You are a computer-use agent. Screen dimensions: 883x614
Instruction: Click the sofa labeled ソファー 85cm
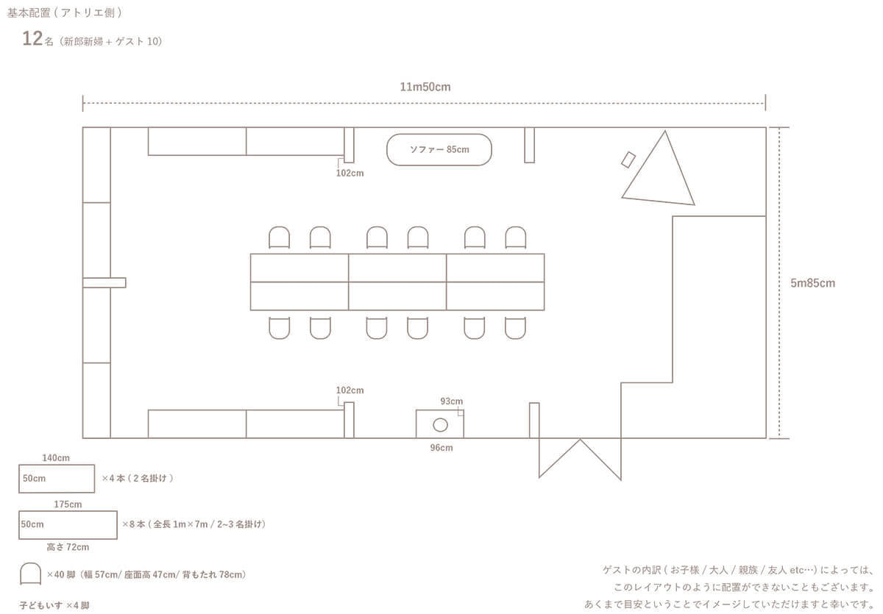pyautogui.click(x=439, y=149)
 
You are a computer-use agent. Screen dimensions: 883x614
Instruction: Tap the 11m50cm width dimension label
pyautogui.click(x=425, y=87)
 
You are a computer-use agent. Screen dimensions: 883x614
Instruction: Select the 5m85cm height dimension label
pyautogui.click(x=812, y=282)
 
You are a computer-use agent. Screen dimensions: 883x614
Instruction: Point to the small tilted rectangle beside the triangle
pyautogui.click(x=628, y=159)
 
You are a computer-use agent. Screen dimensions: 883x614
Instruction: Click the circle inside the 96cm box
pyautogui.click(x=440, y=424)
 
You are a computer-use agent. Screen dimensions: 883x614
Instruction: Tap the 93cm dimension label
pyautogui.click(x=451, y=401)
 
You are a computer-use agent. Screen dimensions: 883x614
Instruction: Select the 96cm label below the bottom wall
pyautogui.click(x=441, y=448)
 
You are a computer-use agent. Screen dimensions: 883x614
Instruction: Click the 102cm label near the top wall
pyautogui.click(x=350, y=174)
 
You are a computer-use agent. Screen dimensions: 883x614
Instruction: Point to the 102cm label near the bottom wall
pyautogui.click(x=350, y=390)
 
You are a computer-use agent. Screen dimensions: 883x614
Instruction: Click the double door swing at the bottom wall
pyautogui.click(x=580, y=457)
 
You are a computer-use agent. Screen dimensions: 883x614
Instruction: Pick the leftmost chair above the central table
pyautogui.click(x=279, y=238)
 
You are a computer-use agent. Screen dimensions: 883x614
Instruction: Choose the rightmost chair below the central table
pyautogui.click(x=515, y=327)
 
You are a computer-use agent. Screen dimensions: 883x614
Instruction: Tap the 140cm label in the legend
pyautogui.click(x=56, y=458)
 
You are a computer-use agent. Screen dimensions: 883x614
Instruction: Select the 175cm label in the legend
pyautogui.click(x=68, y=504)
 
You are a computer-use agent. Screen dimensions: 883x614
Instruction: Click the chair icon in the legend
pyautogui.click(x=30, y=573)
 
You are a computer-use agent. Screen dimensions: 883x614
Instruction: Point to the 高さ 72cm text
pyautogui.click(x=68, y=547)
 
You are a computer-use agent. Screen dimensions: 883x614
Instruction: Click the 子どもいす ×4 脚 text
pyautogui.click(x=54, y=605)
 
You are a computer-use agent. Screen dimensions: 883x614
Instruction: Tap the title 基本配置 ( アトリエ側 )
pyautogui.click(x=65, y=13)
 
